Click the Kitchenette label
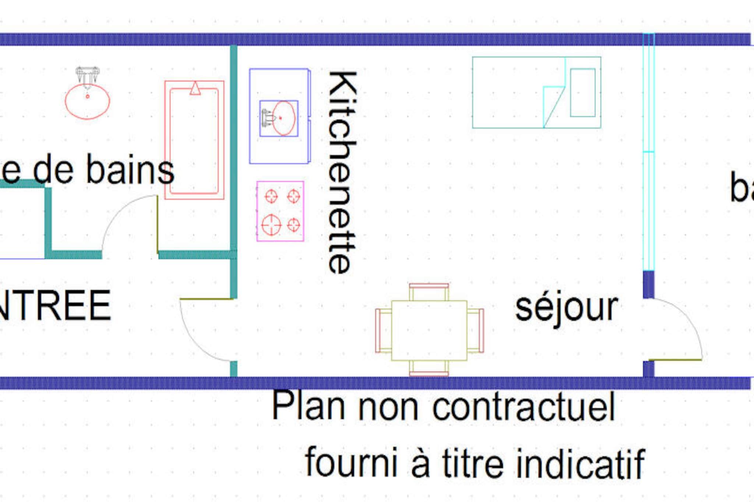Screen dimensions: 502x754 [x=342, y=172]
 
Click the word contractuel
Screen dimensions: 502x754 [x=523, y=407]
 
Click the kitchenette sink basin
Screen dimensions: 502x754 [x=283, y=118]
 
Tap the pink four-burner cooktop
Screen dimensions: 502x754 [x=280, y=211]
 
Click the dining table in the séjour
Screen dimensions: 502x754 [x=429, y=330]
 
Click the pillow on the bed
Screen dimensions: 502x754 [x=583, y=92]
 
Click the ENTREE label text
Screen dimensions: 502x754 [x=55, y=306]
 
